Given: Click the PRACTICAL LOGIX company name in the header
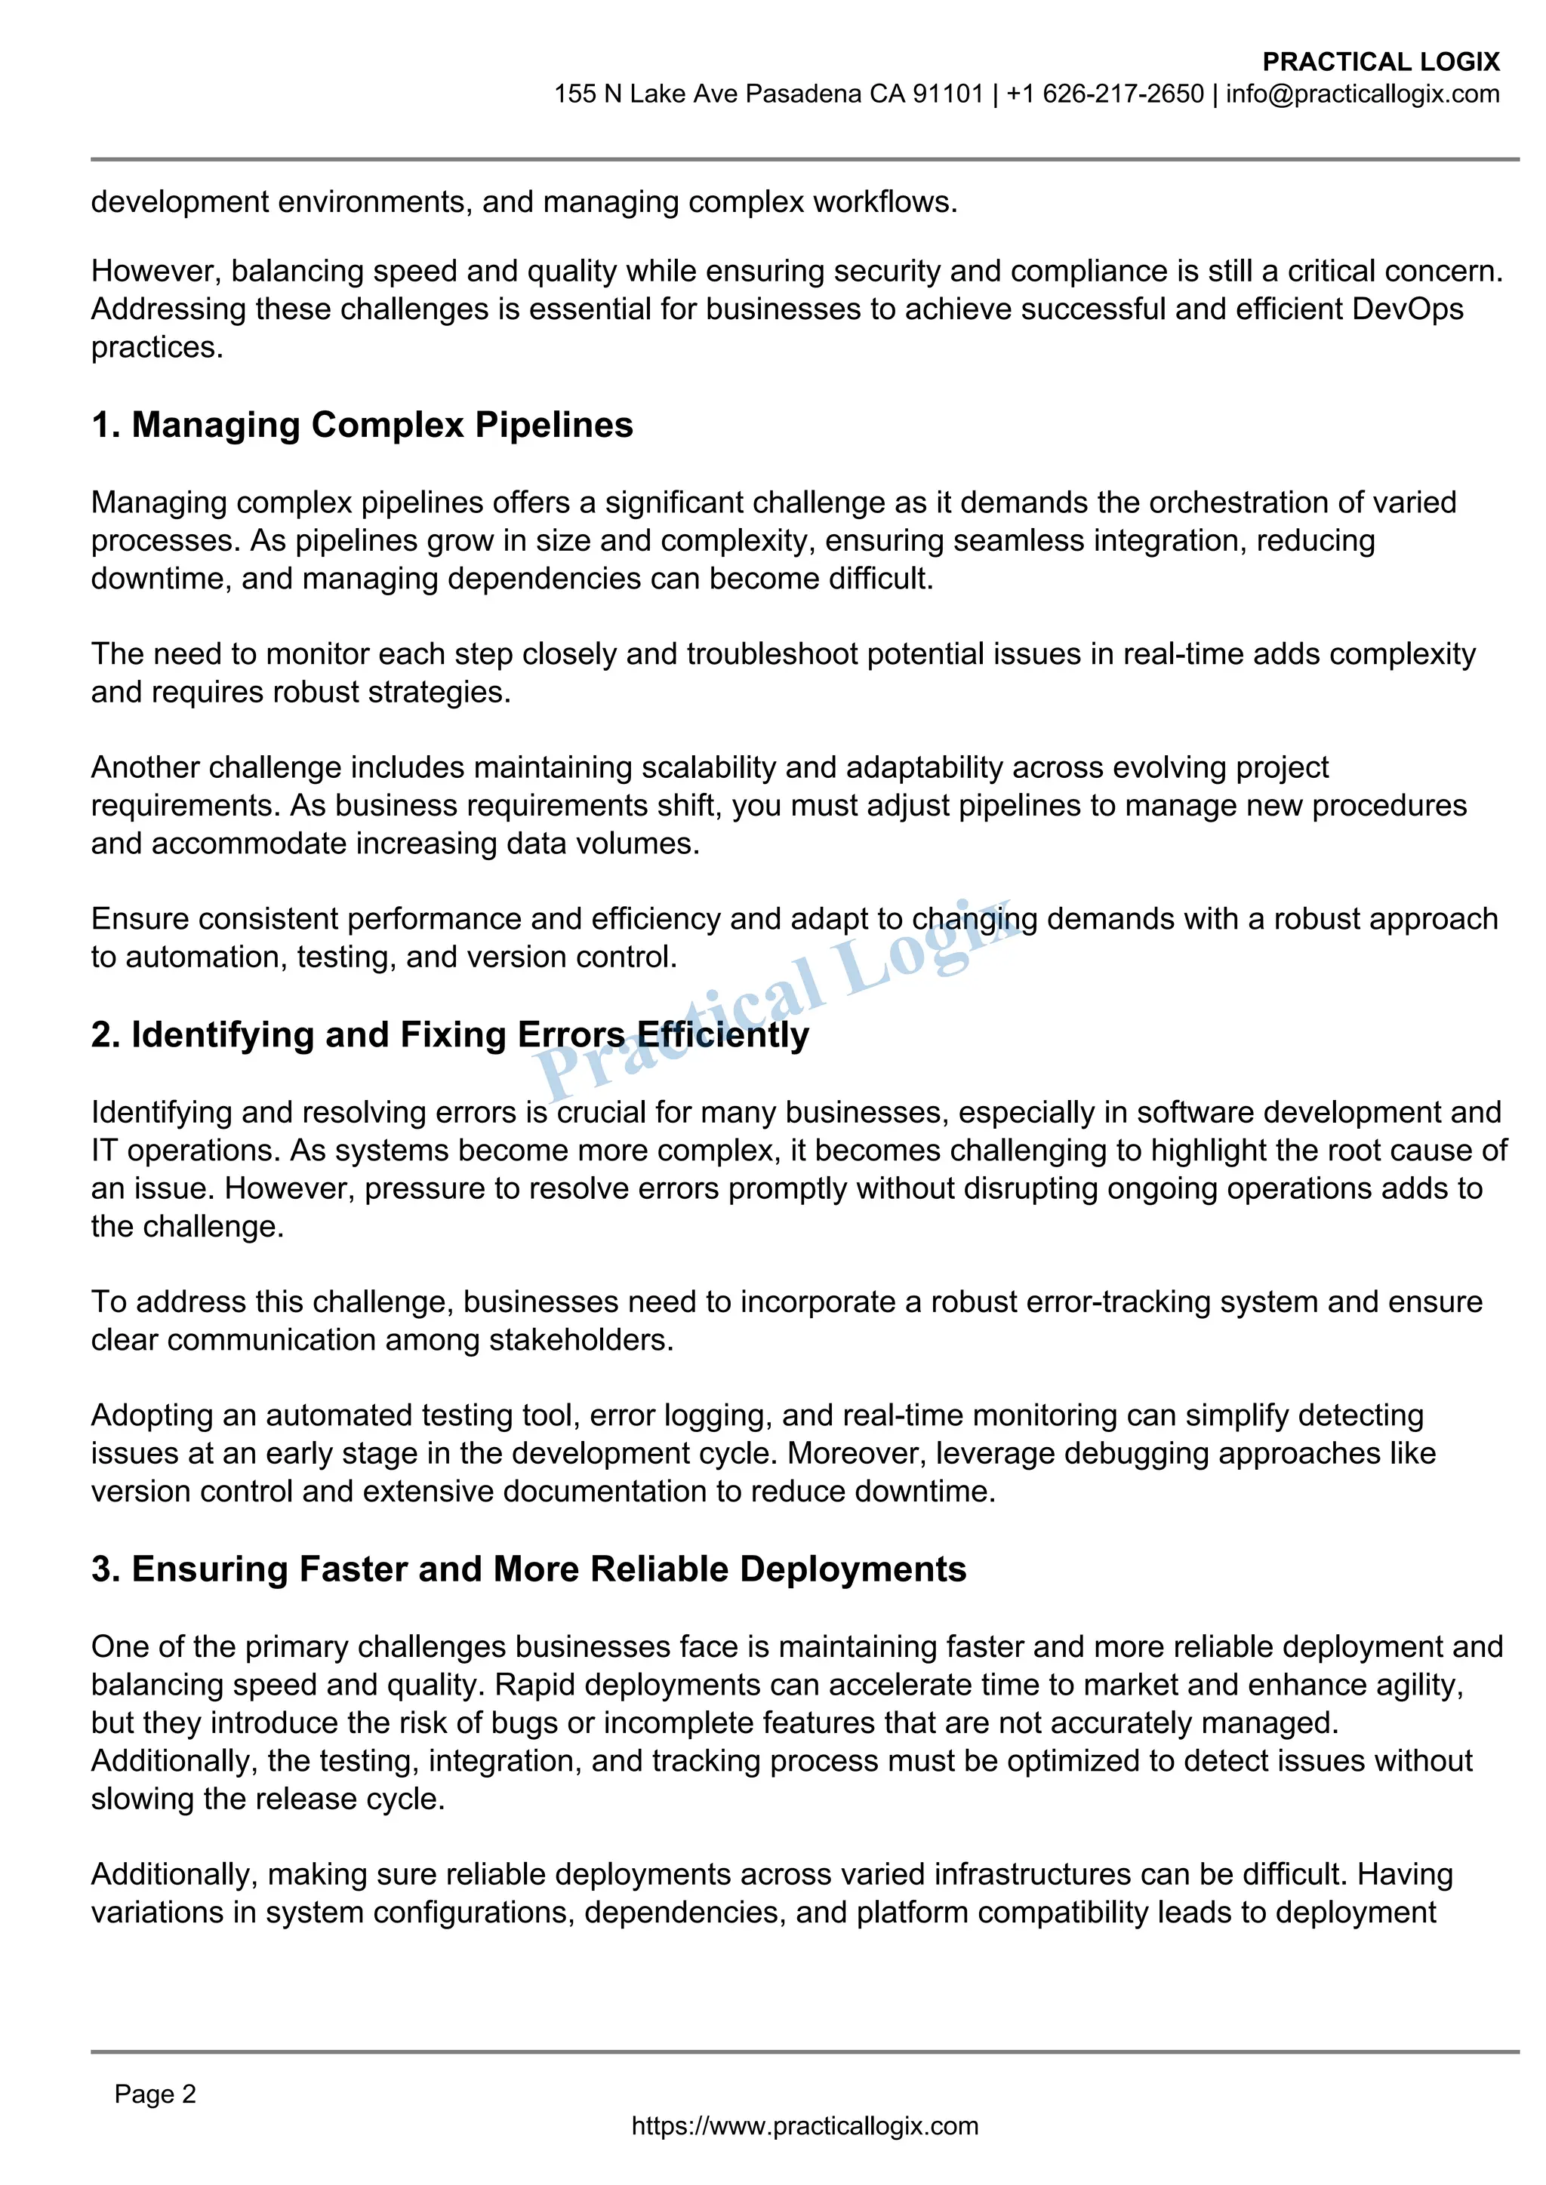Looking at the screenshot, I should (1381, 62).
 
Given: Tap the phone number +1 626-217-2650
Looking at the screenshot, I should (1105, 94).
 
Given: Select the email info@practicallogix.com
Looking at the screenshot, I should (1363, 94).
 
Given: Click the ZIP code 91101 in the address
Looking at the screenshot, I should (947, 94).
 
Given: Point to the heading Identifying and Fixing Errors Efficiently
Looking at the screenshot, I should (449, 1034).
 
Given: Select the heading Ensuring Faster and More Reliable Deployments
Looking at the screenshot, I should (528, 1569).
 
